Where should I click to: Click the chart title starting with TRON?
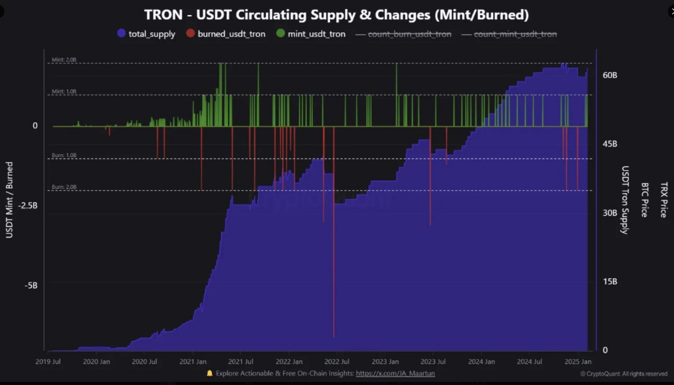(336, 15)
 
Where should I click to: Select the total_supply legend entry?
(147, 34)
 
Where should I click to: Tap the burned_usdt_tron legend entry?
(226, 34)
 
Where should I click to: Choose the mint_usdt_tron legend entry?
(311, 34)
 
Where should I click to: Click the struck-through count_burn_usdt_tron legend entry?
(404, 34)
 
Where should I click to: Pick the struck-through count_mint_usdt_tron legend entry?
(509, 34)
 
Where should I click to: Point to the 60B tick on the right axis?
(610, 75)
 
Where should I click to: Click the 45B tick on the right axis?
(610, 144)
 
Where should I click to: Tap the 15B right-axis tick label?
(610, 282)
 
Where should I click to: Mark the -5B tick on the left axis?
(31, 285)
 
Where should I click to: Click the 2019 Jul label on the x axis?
(48, 361)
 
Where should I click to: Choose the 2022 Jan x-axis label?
(289, 361)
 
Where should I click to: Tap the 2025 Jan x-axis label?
(577, 361)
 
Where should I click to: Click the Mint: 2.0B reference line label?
(64, 60)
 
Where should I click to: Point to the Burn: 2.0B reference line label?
(64, 187)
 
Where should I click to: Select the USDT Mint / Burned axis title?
(9, 200)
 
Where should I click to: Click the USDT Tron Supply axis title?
(625, 200)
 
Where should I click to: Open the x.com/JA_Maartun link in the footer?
(395, 373)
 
